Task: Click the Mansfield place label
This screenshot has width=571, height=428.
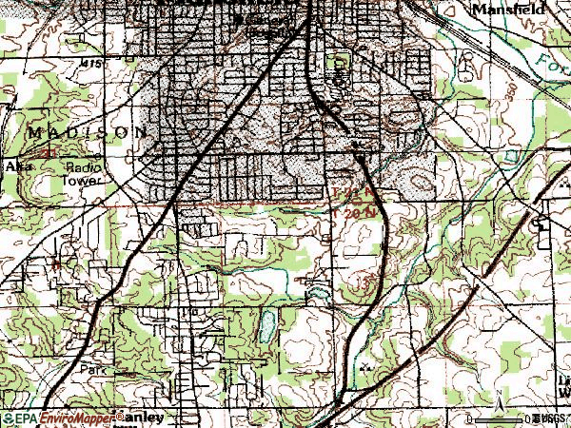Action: point(502,7)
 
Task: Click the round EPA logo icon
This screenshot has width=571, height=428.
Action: point(8,418)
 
